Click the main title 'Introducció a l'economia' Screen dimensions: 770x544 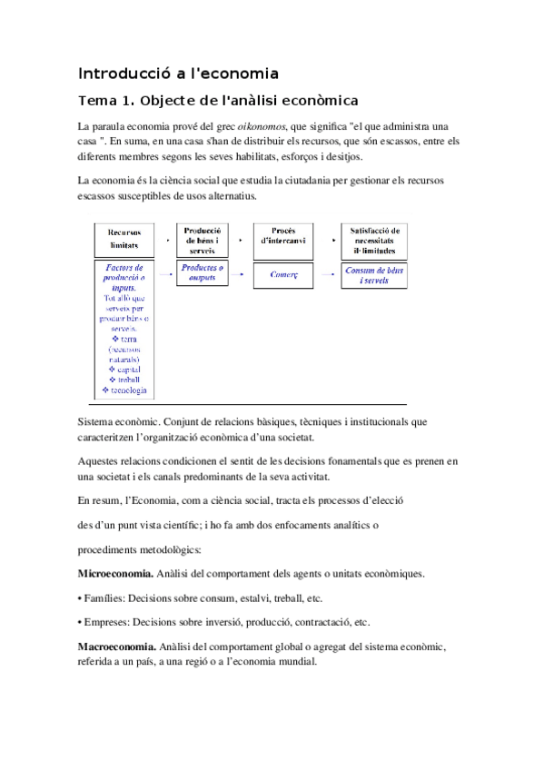tap(178, 73)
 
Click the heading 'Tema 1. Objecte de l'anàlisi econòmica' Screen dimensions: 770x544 tap(220, 99)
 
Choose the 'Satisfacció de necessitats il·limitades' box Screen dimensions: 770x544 tap(374, 241)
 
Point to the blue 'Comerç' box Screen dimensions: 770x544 tap(283, 272)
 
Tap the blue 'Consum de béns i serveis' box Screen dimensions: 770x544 tap(374, 274)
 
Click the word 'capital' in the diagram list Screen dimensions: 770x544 tap(126, 369)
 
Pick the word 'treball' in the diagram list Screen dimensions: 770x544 tap(126, 380)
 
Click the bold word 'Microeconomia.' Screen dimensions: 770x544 tap(114, 575)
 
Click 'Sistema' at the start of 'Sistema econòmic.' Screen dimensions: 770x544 tap(97, 421)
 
